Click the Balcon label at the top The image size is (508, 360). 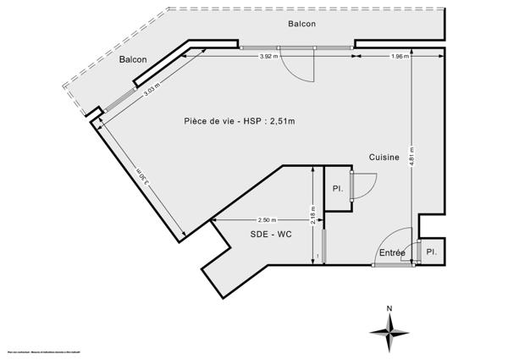(301, 24)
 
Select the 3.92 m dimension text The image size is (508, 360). (271, 56)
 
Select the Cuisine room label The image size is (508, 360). (384, 158)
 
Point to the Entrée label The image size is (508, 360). (391, 253)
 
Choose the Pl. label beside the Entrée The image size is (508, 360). (431, 252)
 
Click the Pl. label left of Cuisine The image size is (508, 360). (337, 188)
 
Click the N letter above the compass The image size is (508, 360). (388, 308)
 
